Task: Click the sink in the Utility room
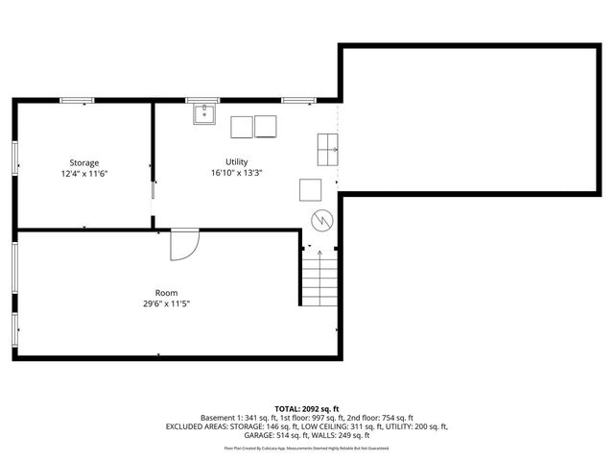[203, 115]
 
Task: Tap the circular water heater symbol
[321, 220]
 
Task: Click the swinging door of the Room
[183, 245]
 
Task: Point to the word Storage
[83, 162]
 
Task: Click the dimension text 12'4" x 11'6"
[83, 174]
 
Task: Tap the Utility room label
[237, 161]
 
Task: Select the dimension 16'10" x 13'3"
[237, 173]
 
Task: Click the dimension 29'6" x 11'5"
[166, 303]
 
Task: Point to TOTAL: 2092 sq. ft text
[306, 408]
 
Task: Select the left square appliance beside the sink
[241, 126]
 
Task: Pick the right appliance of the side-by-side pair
[266, 126]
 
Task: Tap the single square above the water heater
[311, 188]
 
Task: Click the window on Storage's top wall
[77, 99]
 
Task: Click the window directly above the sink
[202, 99]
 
